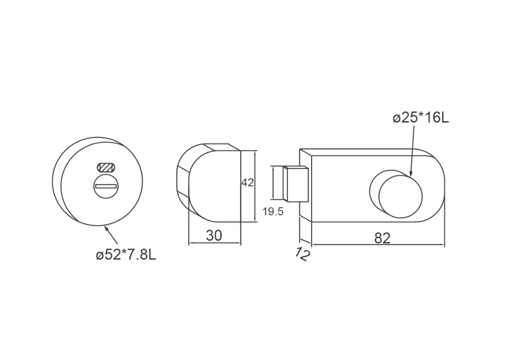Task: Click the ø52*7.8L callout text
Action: tap(126, 255)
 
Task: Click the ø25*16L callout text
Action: tap(420, 118)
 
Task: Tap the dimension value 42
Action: tap(247, 183)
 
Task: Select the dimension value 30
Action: tap(214, 235)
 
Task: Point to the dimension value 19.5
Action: tap(273, 212)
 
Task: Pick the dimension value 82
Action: tap(382, 238)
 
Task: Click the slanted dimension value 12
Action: tap(302, 254)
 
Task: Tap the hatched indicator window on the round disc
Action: tap(106, 168)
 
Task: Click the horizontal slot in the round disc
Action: tap(105, 186)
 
